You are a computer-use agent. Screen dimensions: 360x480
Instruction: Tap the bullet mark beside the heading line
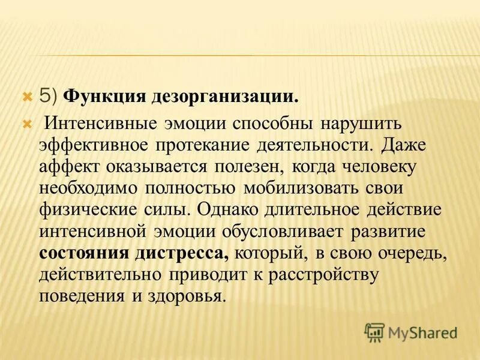[26, 95]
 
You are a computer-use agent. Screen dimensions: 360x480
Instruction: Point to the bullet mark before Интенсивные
[26, 124]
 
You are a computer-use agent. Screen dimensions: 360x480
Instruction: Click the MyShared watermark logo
[410, 331]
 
